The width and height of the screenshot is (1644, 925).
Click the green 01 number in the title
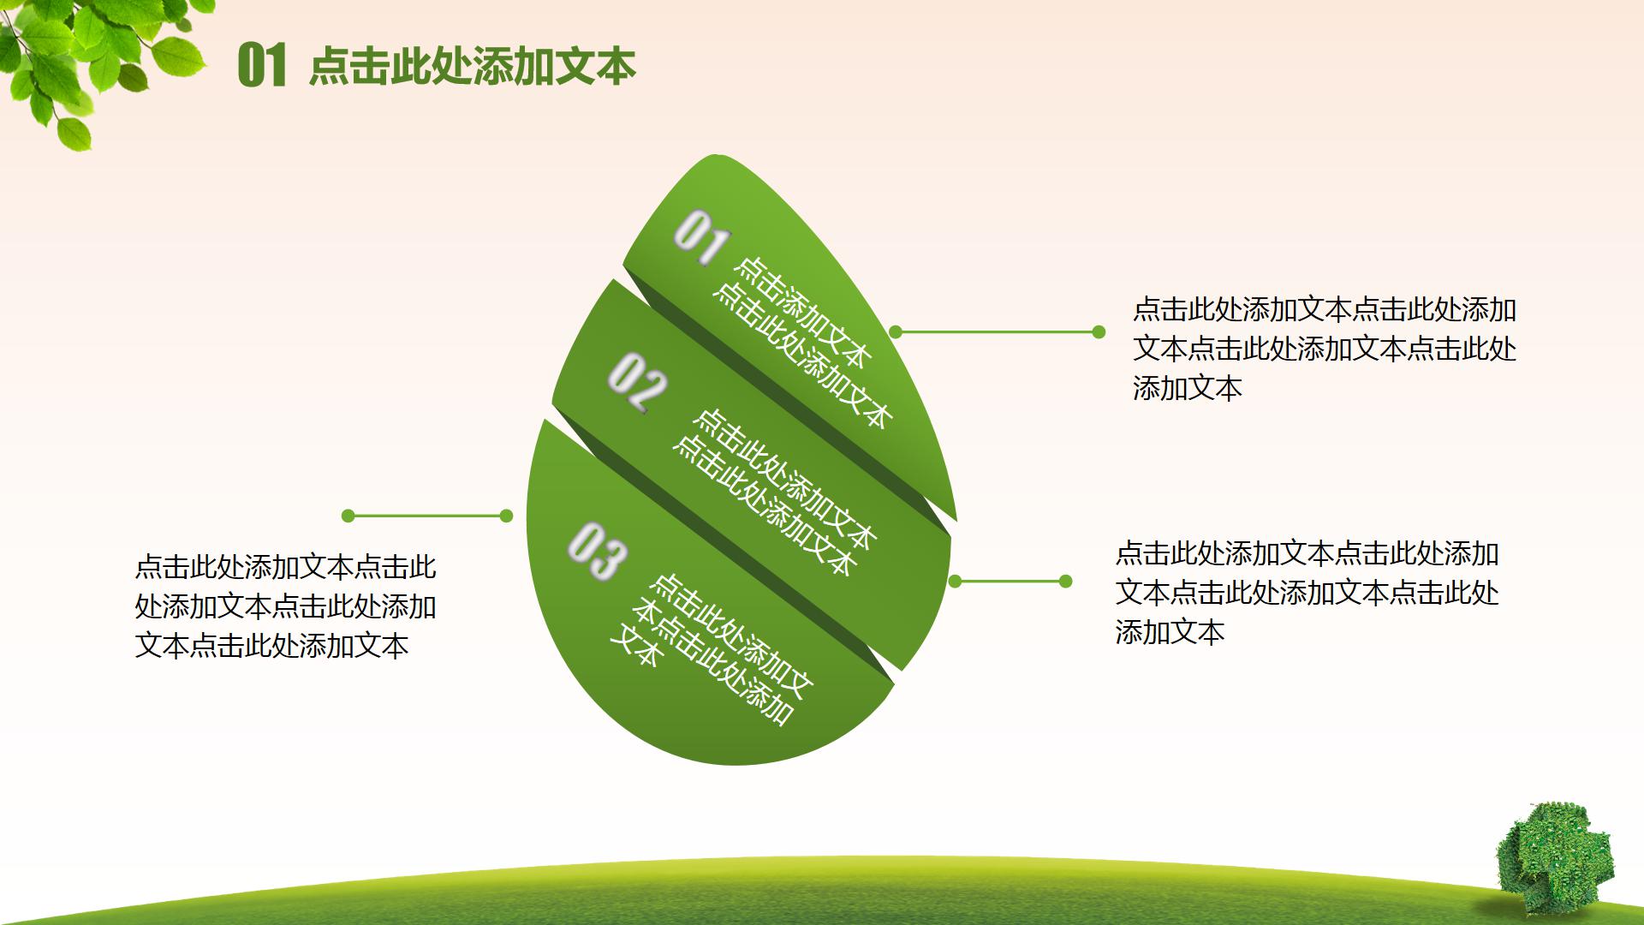click(261, 66)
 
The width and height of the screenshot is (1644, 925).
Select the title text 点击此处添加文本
click(473, 66)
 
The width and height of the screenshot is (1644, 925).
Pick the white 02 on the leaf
click(637, 383)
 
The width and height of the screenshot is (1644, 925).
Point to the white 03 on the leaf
click(597, 552)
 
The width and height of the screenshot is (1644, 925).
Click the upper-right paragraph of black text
click(1325, 349)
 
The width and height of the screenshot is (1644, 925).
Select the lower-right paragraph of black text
click(1307, 593)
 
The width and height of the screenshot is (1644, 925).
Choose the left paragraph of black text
click(286, 606)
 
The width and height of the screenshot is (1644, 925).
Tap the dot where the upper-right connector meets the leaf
click(896, 331)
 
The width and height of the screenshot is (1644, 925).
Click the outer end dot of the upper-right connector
click(1099, 332)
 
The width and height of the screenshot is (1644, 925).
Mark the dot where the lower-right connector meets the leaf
click(956, 582)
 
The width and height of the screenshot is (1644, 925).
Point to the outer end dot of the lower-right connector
click(1066, 582)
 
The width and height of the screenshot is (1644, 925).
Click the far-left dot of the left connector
click(348, 516)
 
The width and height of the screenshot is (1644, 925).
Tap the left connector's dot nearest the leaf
click(506, 516)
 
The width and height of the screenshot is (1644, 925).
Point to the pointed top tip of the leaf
click(712, 155)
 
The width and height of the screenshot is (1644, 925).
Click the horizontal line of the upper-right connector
click(998, 332)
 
